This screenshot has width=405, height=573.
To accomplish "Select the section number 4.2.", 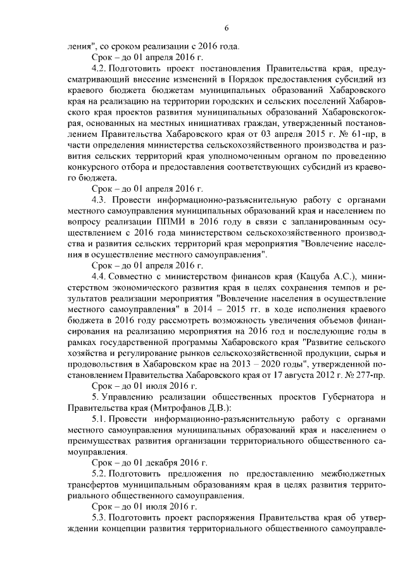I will [x=99, y=66].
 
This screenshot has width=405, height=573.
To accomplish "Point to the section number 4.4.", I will [x=99, y=277].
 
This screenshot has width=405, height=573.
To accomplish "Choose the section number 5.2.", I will [x=99, y=474].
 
